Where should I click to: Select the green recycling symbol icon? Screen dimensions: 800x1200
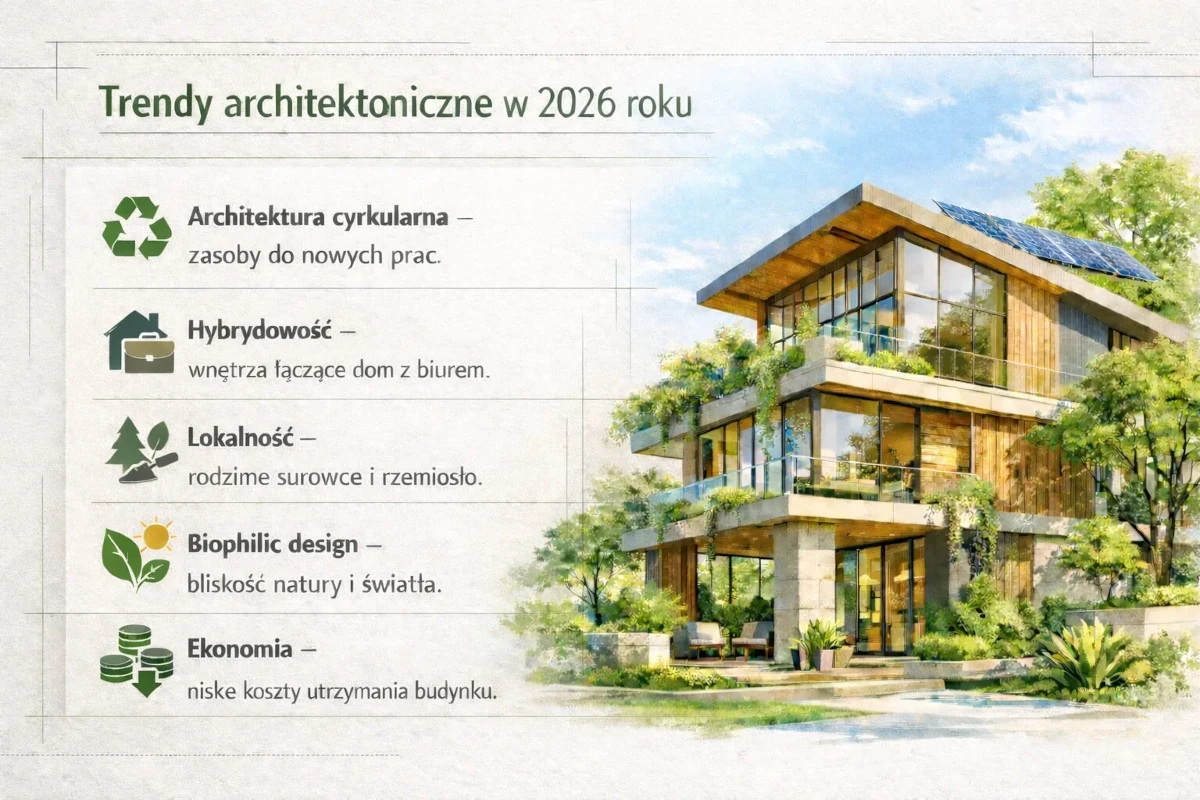click(x=137, y=227)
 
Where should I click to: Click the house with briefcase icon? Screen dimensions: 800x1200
click(x=139, y=342)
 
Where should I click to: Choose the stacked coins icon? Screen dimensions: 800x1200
click(x=137, y=660)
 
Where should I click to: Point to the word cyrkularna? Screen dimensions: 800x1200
click(x=366, y=216)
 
